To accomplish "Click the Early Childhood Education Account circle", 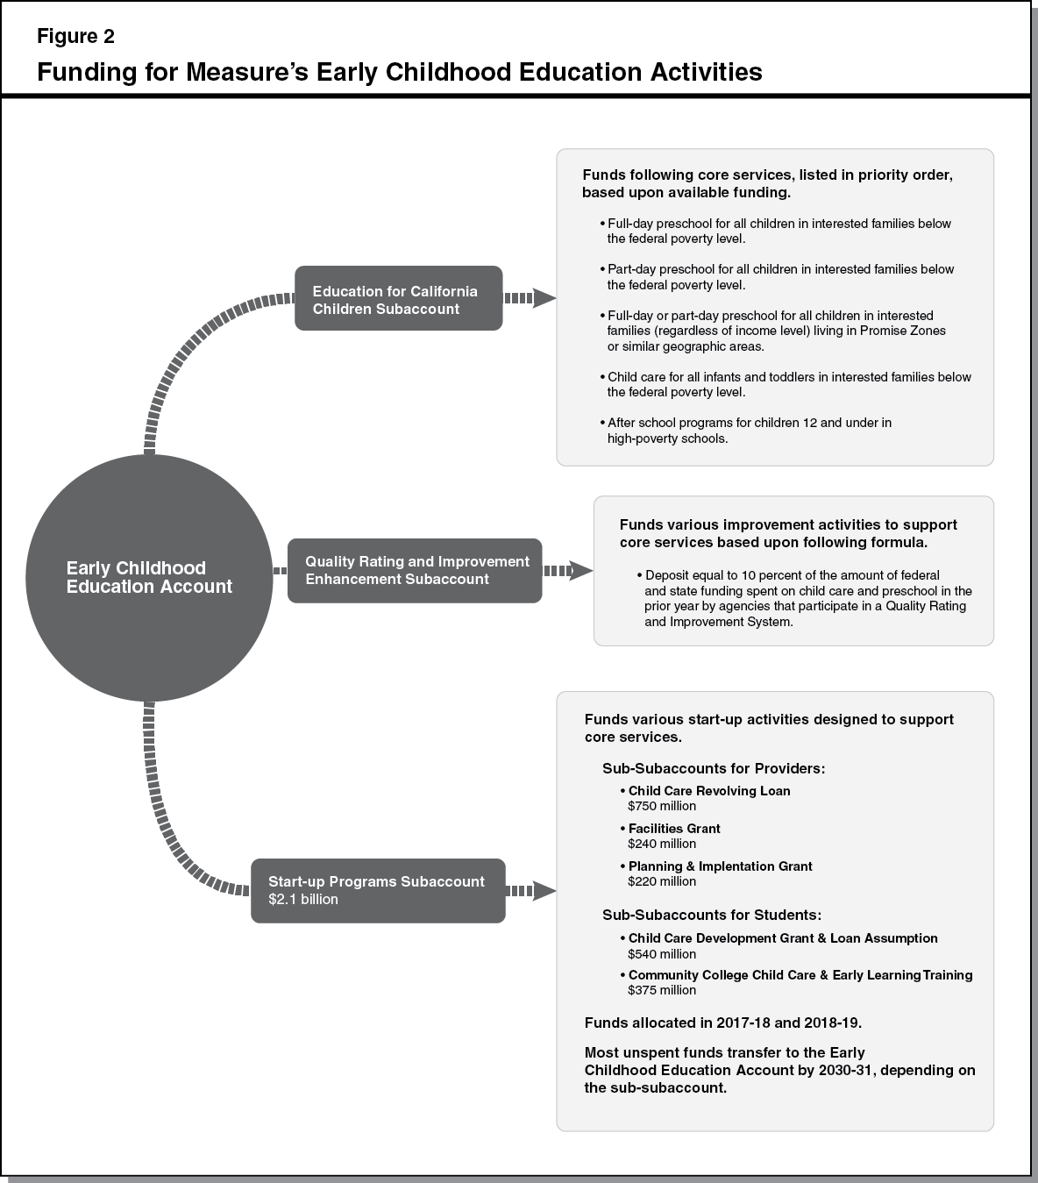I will pos(148,578).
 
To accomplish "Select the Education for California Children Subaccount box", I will pos(398,299).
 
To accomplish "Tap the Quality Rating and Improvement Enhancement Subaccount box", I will pos(415,571).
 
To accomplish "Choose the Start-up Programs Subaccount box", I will pos(378,890).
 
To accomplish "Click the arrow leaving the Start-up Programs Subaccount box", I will pos(531,891).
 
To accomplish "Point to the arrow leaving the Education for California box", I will pos(530,298).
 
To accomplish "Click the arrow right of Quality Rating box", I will pos(568,571).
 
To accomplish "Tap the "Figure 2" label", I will pos(75,37).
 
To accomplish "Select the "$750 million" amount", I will pos(662,806).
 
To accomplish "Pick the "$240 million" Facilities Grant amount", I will pos(662,844).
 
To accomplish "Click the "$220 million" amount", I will pos(662,881).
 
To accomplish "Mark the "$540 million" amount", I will pos(662,954).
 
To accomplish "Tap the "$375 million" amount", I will pos(662,990).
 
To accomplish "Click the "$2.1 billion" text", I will pos(303,899).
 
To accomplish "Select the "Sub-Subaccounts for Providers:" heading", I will pos(714,768).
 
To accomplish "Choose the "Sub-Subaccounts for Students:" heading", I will pos(711,915).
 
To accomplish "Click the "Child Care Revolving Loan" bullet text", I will pos(709,791).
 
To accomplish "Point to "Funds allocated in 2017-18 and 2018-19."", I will pos(723,1023).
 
